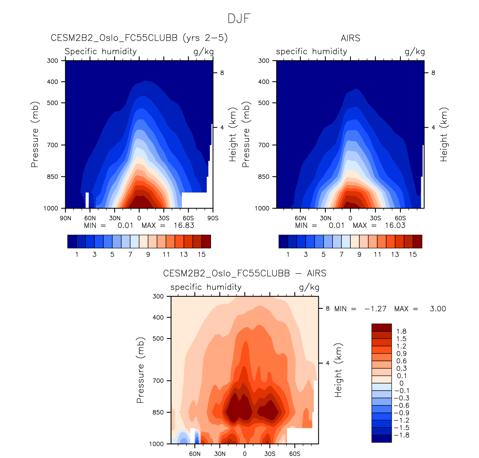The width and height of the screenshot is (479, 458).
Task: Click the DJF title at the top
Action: tap(239, 19)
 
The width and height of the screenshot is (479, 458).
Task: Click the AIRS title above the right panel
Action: tap(350, 38)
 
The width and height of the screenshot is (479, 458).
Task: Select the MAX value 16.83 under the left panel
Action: tap(184, 225)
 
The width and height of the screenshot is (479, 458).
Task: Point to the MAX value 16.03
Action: tap(395, 225)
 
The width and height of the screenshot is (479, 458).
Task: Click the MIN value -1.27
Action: tap(375, 309)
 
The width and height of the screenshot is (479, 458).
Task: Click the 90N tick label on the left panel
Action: tap(66, 218)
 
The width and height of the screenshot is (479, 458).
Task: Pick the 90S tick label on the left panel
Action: tap(213, 218)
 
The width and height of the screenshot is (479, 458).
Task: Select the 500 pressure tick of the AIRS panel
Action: tap(264, 103)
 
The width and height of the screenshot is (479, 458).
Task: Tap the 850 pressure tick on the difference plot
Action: tap(158, 412)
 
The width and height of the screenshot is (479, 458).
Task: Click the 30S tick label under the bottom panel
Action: tap(270, 454)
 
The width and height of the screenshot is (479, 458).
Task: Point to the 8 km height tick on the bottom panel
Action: tap(328, 308)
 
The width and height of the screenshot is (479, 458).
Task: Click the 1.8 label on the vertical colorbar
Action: tap(401, 331)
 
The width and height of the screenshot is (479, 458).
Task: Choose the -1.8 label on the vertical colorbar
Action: tap(401, 435)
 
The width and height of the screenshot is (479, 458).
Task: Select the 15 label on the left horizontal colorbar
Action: tap(202, 254)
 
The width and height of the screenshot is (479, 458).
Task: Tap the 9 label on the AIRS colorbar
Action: tap(359, 254)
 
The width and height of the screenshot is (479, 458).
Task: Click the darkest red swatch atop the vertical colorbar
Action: tap(381, 327)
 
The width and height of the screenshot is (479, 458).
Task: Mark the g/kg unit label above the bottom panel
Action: tap(309, 287)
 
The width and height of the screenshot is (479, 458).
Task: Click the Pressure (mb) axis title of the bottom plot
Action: tap(140, 370)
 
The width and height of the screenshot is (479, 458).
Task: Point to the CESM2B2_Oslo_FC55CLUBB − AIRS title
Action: tap(245, 273)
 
